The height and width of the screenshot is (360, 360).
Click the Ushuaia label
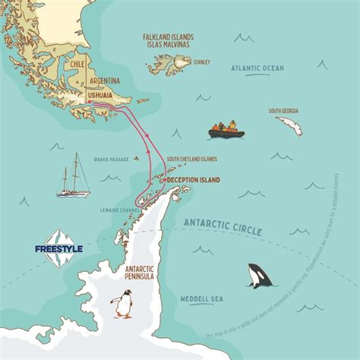point(103,95)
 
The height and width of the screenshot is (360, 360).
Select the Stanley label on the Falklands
point(201,62)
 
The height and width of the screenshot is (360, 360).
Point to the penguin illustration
point(122,304)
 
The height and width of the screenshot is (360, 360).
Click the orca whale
point(259,276)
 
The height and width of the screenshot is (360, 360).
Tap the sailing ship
point(73,176)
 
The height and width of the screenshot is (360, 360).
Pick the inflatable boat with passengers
point(226,130)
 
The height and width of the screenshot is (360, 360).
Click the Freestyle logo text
point(58,248)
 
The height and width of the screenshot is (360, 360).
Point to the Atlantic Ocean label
point(257,68)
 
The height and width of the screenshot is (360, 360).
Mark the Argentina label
point(105,81)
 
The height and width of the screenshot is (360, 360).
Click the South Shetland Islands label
point(191,159)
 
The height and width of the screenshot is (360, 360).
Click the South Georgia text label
point(283,110)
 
